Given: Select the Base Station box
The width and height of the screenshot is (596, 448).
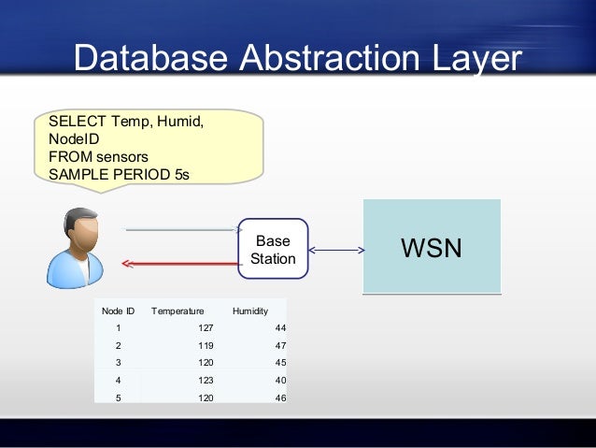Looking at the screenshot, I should (x=273, y=249).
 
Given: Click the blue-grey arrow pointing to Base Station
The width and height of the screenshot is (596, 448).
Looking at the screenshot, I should (x=183, y=229).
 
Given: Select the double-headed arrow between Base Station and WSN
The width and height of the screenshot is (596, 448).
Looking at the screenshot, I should (x=336, y=250).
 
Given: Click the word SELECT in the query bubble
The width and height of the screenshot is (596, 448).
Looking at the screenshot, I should (x=77, y=122).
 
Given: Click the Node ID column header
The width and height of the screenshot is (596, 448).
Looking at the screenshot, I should (x=118, y=310).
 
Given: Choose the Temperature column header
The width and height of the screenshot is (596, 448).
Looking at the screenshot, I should (x=177, y=310).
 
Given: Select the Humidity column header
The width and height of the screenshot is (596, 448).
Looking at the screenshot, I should (x=249, y=310).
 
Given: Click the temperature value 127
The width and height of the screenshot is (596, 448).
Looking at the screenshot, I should (x=206, y=327).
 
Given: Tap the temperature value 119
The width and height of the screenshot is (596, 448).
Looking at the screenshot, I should (x=206, y=345).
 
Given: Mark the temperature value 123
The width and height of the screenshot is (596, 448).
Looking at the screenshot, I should (x=206, y=381).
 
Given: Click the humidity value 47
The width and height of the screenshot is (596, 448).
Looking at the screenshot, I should (x=280, y=345).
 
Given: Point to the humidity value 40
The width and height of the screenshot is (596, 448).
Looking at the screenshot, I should (x=280, y=381).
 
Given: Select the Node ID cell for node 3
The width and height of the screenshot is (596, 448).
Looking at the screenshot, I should (x=118, y=363).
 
